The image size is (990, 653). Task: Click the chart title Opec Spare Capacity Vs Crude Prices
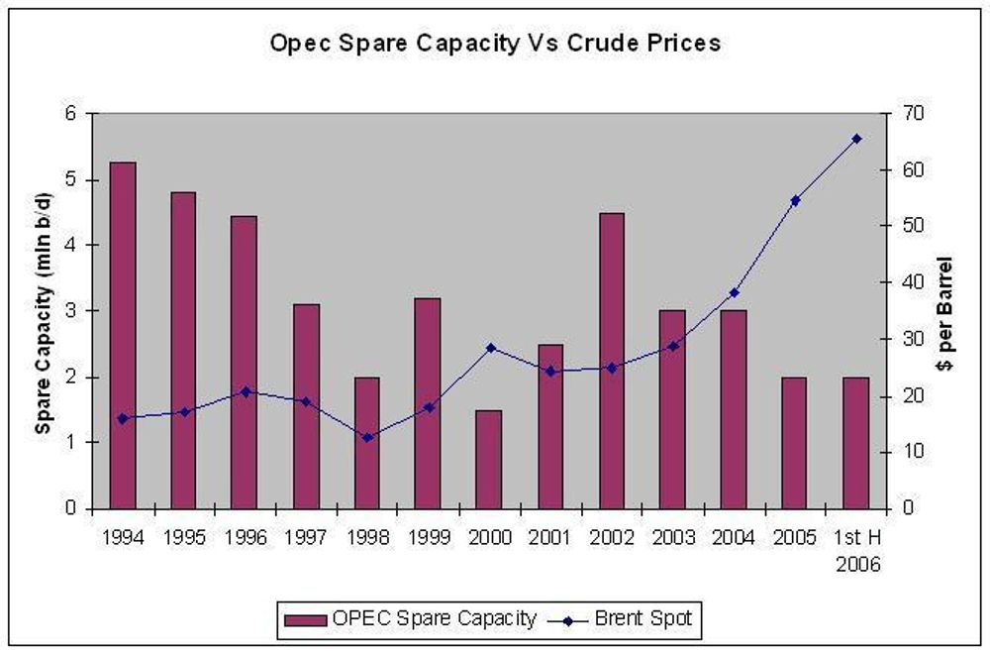tap(495, 45)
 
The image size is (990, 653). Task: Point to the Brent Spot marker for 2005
tap(795, 200)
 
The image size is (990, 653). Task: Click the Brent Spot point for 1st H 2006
tap(856, 139)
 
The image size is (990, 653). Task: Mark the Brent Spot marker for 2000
tap(489, 348)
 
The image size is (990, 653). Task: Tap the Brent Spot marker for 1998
tap(367, 437)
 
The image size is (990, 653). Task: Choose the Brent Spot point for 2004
tap(734, 292)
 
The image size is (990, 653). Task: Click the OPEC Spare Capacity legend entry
tap(410, 619)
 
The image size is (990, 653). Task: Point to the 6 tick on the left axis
tap(70, 113)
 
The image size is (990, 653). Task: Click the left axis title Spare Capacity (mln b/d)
tap(44, 311)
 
